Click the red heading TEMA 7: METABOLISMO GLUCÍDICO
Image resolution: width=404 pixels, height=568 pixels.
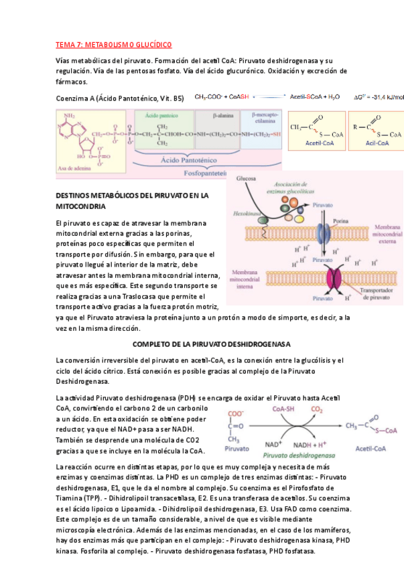click(x=113, y=45)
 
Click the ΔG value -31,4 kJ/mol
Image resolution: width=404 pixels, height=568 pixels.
click(x=379, y=97)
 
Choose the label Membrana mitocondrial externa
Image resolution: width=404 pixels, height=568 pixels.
click(x=380, y=234)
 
